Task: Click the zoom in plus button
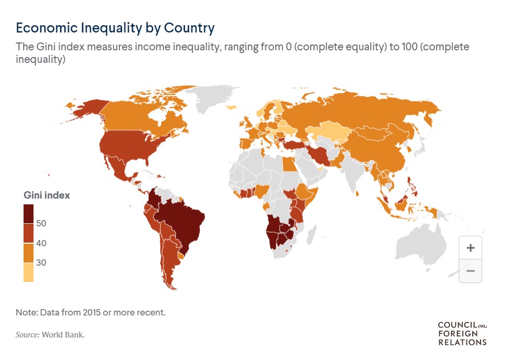470,247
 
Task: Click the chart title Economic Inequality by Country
115,27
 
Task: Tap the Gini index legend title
47,195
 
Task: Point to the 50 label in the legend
42,223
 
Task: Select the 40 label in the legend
42,243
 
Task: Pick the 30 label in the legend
42,263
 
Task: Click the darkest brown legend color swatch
29,213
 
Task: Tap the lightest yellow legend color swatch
29,272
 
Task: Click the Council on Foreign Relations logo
462,333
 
